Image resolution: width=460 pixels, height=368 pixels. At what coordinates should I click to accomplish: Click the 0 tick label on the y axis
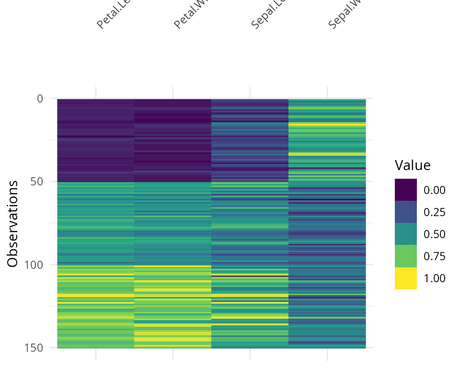[40, 99]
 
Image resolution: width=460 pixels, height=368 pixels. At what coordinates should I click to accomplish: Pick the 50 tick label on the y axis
[37, 182]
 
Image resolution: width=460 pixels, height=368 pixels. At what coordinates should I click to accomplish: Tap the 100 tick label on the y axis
[34, 264]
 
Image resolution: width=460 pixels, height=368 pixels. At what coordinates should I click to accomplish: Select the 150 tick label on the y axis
[34, 347]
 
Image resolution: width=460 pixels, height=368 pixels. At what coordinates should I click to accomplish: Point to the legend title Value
[413, 165]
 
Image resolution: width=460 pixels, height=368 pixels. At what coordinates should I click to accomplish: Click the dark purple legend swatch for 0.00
[406, 190]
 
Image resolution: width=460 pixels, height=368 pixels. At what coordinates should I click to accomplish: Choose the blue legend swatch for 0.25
[406, 212]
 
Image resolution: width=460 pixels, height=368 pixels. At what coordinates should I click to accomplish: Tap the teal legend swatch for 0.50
[406, 234]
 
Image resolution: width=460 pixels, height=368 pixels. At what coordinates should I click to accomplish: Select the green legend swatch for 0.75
[406, 256]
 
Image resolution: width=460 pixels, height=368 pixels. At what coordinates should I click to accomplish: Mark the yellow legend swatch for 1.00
[406, 278]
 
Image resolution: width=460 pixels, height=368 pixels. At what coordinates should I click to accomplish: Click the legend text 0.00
[435, 190]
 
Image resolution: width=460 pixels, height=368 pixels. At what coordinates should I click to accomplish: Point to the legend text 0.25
[435, 212]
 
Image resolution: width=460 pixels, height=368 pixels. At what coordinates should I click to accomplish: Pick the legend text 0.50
[435, 234]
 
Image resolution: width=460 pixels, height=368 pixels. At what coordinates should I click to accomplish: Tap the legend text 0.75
[435, 256]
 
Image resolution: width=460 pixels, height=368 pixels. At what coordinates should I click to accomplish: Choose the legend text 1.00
[435, 278]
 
